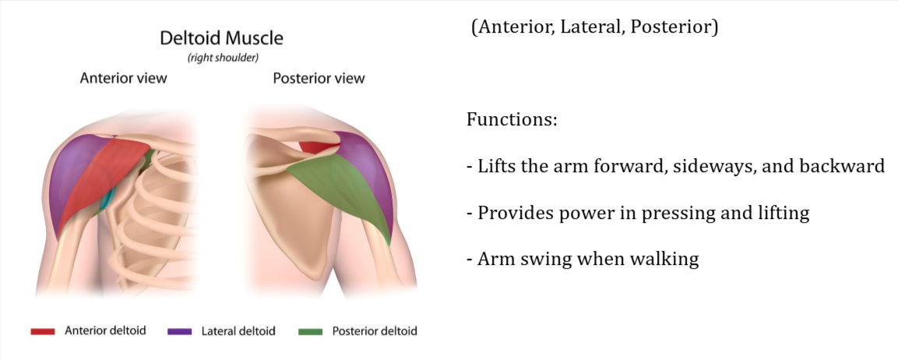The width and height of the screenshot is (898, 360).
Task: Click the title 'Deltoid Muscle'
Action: (221, 37)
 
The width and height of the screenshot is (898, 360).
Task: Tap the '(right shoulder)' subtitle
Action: (221, 57)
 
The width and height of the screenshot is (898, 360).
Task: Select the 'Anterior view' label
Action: (124, 79)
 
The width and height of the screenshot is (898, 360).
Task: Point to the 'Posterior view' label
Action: (318, 79)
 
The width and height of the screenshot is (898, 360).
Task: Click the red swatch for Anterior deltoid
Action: (42, 331)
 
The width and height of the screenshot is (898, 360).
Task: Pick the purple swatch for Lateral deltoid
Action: (180, 331)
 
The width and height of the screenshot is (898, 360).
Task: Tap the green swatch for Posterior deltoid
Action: (310, 331)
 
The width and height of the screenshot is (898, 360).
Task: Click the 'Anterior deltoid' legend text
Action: (105, 331)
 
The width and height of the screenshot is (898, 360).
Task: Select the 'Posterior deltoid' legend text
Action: (375, 331)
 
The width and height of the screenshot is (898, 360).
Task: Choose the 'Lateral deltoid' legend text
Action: (239, 331)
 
